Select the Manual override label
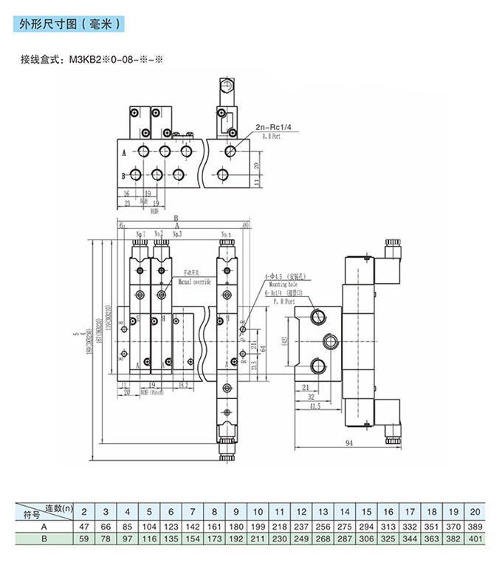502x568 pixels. [x=194, y=282]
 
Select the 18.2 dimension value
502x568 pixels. [x=183, y=385]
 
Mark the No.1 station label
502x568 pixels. [x=140, y=233]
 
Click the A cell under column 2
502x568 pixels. [x=84, y=526]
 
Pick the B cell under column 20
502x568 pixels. [x=476, y=539]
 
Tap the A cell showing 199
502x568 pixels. [x=258, y=526]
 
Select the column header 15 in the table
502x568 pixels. [x=367, y=511]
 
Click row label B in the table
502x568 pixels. [x=44, y=539]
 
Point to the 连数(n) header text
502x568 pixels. [x=58, y=507]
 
